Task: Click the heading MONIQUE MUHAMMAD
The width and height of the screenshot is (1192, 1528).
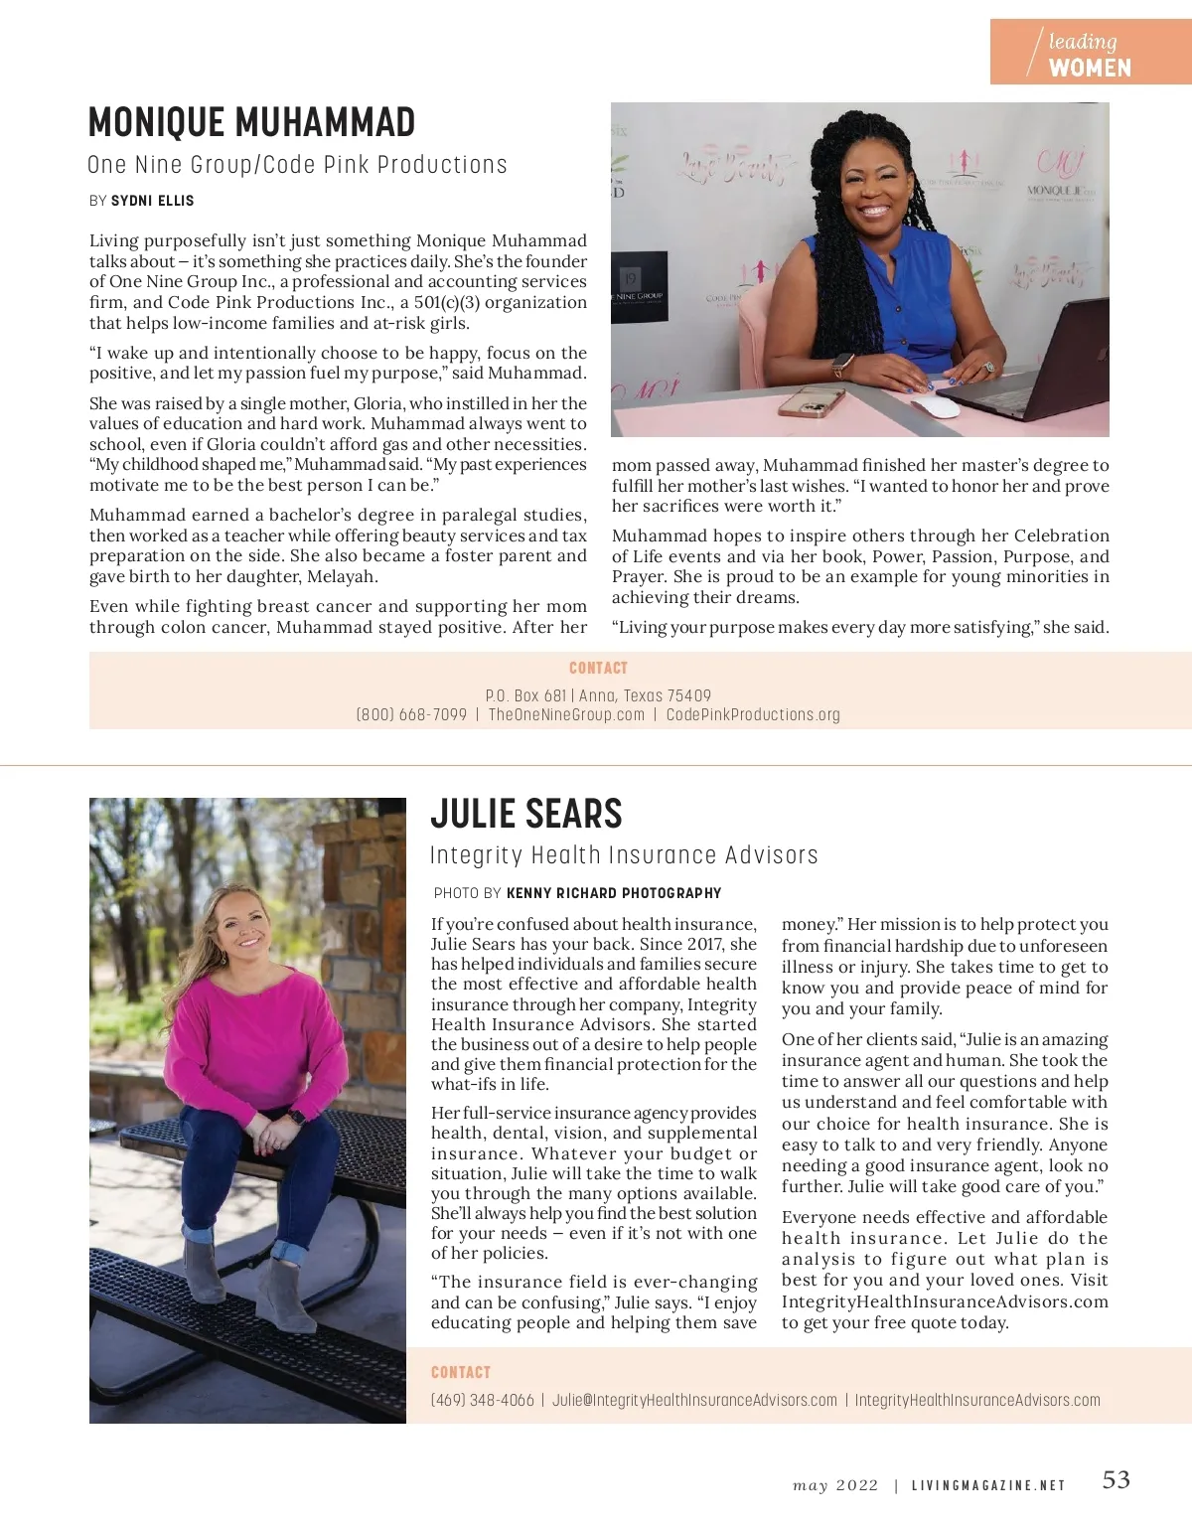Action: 251,123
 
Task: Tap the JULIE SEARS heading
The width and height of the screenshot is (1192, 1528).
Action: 525,815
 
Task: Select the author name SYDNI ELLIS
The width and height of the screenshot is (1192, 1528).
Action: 152,201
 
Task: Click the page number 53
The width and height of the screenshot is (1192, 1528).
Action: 1116,1480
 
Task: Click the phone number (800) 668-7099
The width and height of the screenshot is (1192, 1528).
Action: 411,715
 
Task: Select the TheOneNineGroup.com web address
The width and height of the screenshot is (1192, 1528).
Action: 566,715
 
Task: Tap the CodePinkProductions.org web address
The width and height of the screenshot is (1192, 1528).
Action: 753,715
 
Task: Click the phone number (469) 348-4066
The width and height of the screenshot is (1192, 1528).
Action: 482,1401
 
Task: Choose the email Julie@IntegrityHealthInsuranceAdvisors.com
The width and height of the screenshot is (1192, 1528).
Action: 694,1401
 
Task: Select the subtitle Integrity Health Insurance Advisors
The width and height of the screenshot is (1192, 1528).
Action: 624,855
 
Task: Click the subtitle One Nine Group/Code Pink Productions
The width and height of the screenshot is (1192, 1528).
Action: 297,165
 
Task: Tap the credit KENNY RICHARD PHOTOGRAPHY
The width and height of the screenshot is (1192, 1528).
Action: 613,893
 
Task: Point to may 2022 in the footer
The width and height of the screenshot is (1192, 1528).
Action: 835,1486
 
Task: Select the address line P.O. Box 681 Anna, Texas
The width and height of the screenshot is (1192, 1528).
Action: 598,695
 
